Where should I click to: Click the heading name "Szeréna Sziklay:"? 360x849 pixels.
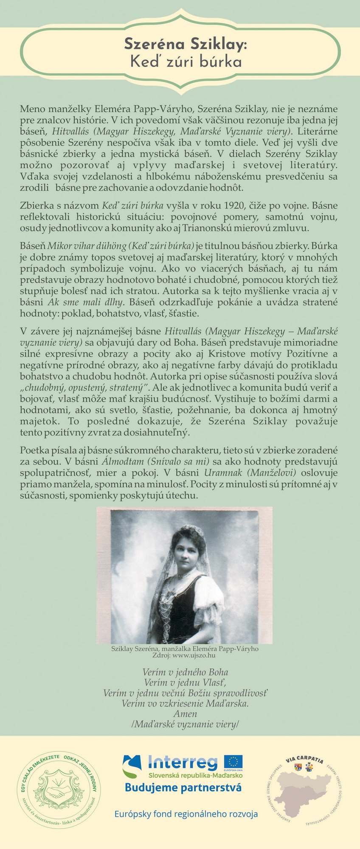click(x=185, y=44)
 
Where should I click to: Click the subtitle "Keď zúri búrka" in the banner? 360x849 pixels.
click(x=186, y=62)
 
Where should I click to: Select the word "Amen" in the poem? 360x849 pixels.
click(x=185, y=714)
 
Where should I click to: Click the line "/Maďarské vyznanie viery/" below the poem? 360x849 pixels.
click(x=185, y=725)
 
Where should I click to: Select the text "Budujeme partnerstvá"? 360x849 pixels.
click(x=183, y=788)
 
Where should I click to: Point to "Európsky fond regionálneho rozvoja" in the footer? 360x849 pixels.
click(x=186, y=814)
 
